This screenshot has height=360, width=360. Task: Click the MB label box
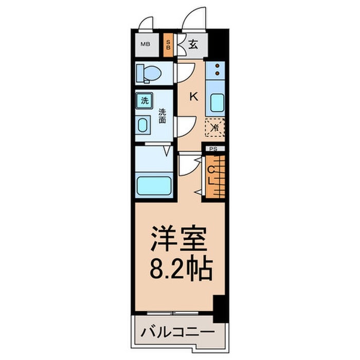(x=146, y=44)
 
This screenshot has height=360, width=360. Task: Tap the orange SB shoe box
(x=168, y=44)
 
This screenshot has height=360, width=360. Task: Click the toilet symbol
(x=147, y=73)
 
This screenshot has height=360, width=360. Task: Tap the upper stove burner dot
(x=217, y=66)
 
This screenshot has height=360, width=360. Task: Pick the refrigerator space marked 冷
(x=215, y=127)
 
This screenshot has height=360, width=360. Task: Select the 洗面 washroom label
(x=162, y=116)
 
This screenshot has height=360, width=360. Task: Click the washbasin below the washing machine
(x=143, y=125)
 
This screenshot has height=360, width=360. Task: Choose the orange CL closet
(x=214, y=175)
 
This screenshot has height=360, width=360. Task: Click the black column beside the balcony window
(x=220, y=307)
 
